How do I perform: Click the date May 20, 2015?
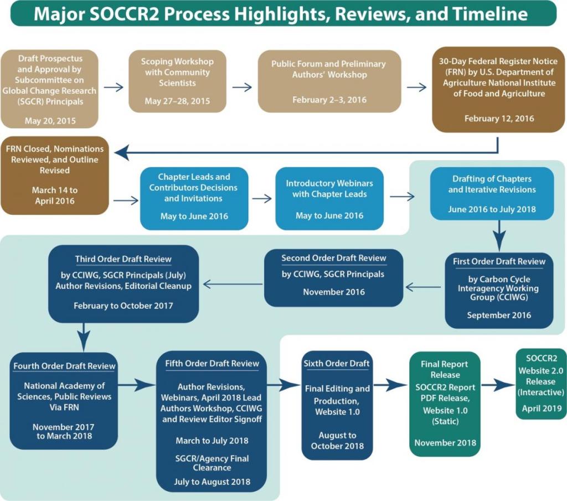pos(50,120)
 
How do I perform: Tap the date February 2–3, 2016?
pos(329,100)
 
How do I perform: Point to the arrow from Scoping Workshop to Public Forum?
pos(242,87)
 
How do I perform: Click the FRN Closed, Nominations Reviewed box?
pos(55,175)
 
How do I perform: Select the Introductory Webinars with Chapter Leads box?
pos(329,199)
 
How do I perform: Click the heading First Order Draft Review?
pos(499,261)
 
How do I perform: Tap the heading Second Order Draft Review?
pos(333,258)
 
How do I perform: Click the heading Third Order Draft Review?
pos(123,259)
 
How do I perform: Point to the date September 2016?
pos(499,315)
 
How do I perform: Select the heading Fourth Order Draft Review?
pos(64,366)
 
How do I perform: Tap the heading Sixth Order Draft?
pos(337,364)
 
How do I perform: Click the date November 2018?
pos(445,443)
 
